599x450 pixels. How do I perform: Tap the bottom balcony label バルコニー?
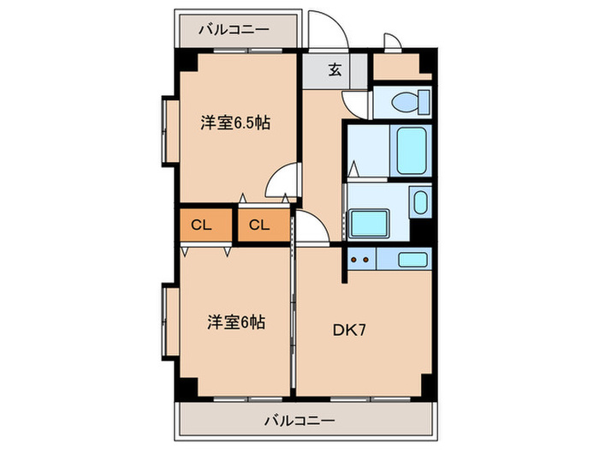[x=299, y=420]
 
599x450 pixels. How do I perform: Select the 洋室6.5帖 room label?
[x=236, y=123]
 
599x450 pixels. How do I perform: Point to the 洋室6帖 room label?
[x=235, y=322]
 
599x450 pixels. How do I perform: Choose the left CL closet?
[x=203, y=225]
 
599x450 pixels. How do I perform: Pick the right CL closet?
[x=260, y=225]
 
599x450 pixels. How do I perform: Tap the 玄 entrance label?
[x=335, y=70]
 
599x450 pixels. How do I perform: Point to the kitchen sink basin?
[x=412, y=258]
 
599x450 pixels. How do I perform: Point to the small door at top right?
[x=392, y=43]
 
